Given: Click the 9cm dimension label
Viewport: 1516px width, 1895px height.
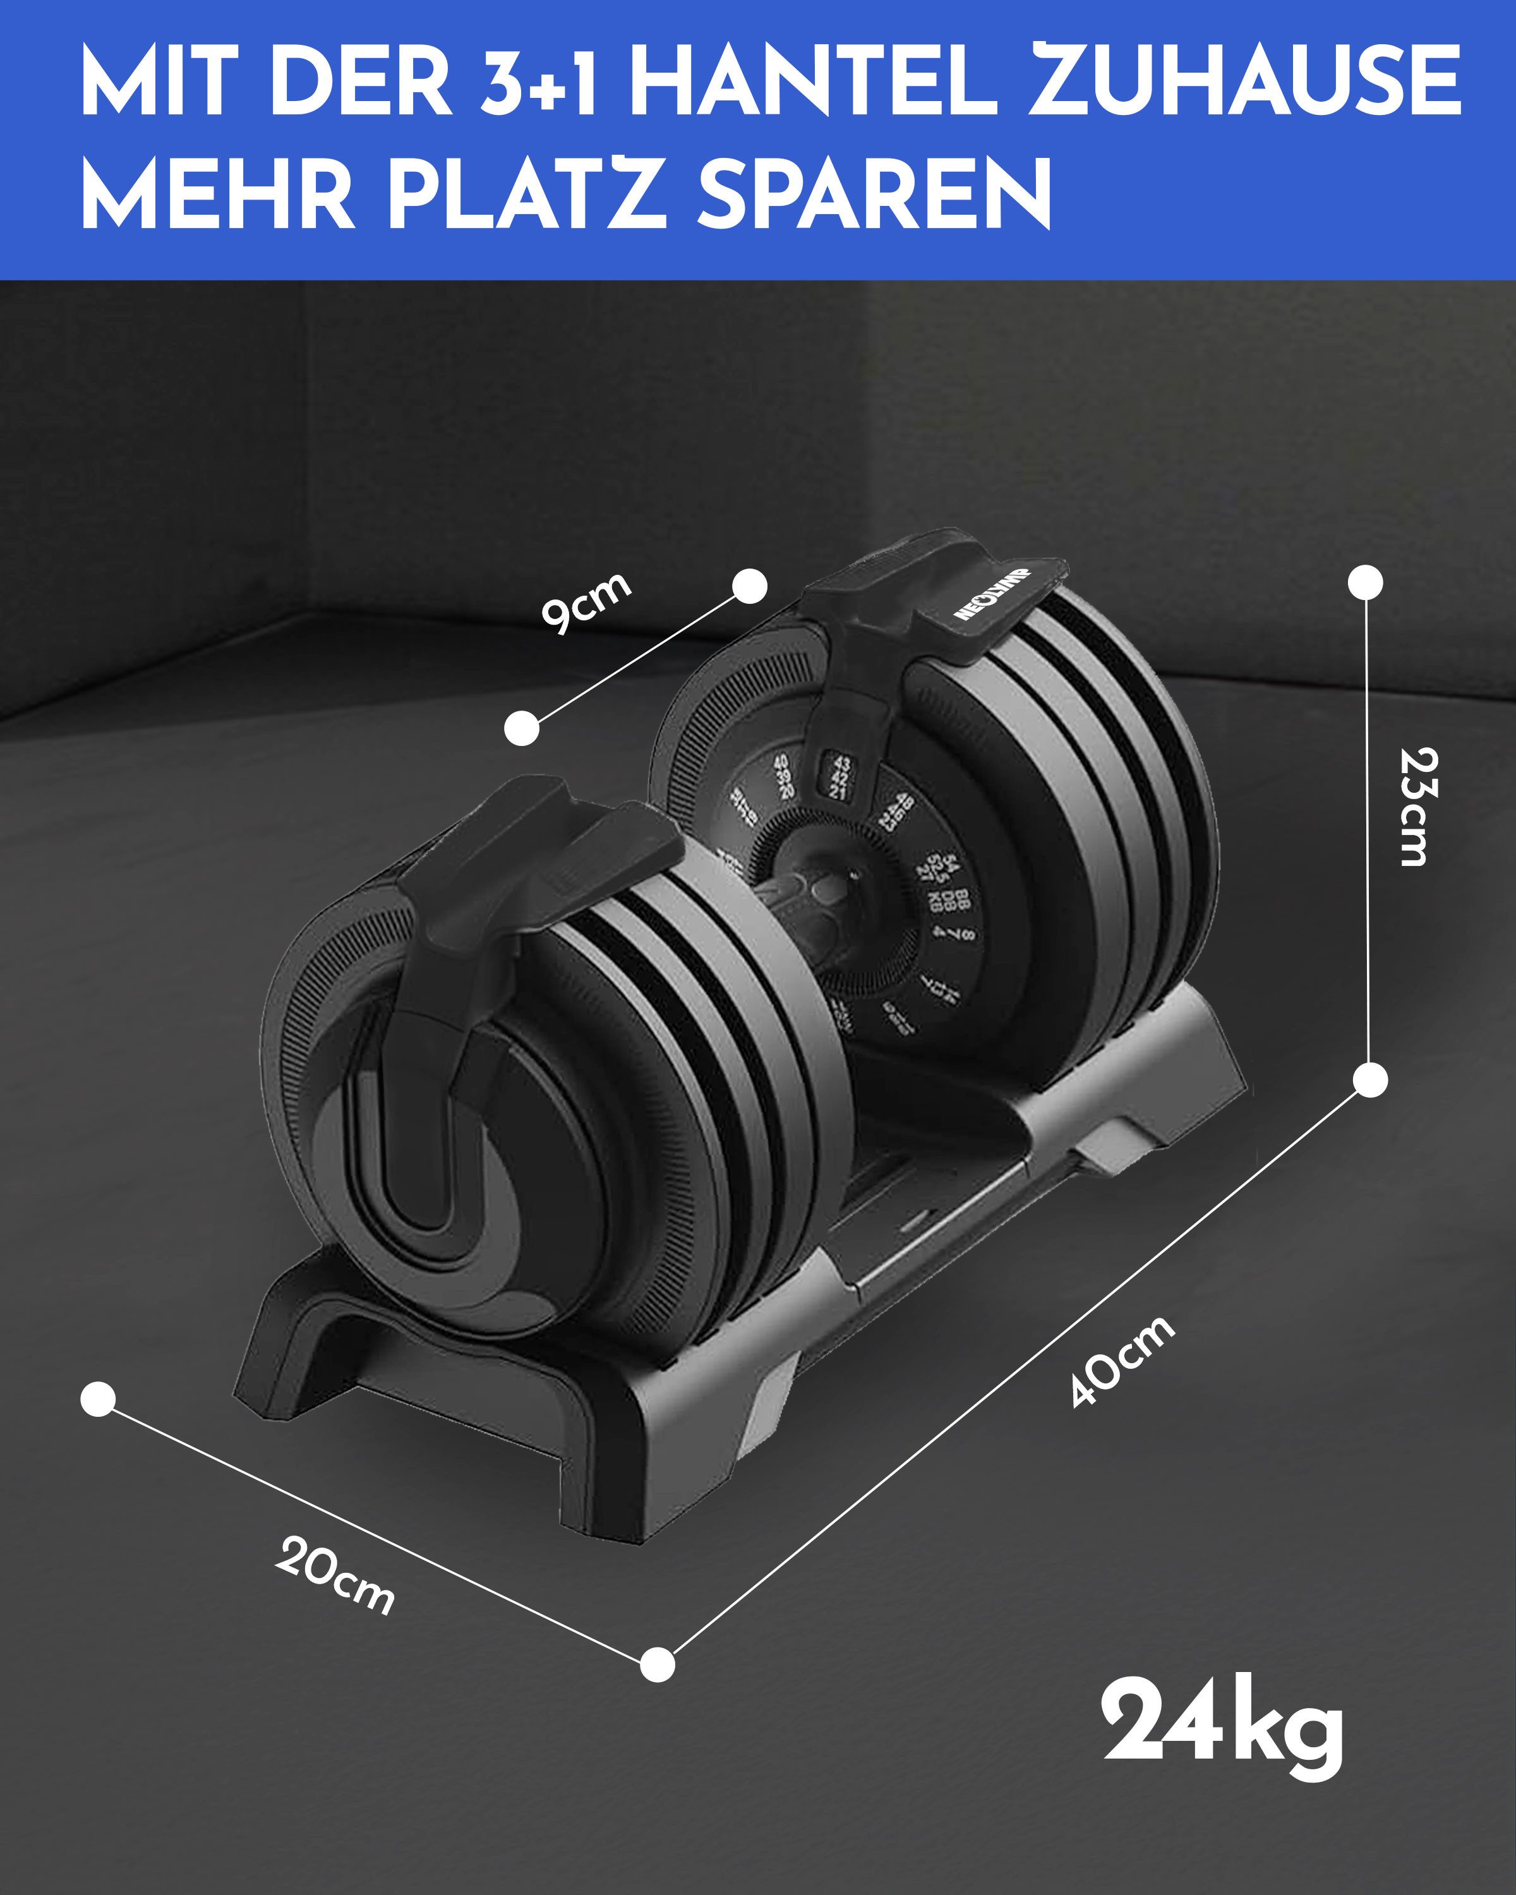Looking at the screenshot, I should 586,603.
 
